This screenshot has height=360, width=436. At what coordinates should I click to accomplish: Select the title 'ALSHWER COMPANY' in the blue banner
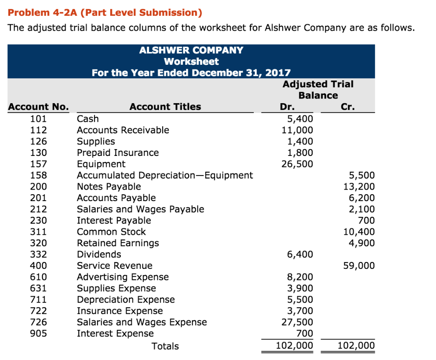[x=191, y=50]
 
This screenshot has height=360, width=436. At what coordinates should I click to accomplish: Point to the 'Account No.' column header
[x=38, y=107]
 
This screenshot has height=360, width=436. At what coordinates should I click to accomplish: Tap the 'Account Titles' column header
[x=165, y=107]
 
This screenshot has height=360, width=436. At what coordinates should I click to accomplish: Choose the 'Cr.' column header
[x=347, y=107]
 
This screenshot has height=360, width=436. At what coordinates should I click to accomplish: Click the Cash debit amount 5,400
[x=300, y=118]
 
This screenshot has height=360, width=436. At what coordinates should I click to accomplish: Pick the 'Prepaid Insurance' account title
[x=118, y=153]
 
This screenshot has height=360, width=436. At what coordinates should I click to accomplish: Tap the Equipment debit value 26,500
[x=297, y=164]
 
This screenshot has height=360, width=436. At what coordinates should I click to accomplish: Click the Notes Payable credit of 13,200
[x=359, y=187]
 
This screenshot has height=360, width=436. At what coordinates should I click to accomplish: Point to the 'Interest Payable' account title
[x=114, y=220]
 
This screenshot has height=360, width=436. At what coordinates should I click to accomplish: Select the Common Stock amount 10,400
[x=359, y=232]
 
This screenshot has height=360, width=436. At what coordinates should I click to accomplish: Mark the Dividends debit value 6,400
[x=300, y=254]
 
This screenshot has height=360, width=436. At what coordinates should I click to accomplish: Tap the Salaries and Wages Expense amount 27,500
[x=297, y=322]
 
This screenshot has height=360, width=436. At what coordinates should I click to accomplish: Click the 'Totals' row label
[x=165, y=346]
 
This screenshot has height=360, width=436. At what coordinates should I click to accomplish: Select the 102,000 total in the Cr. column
[x=356, y=345]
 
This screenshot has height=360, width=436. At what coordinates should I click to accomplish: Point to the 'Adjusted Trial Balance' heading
[x=318, y=89]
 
